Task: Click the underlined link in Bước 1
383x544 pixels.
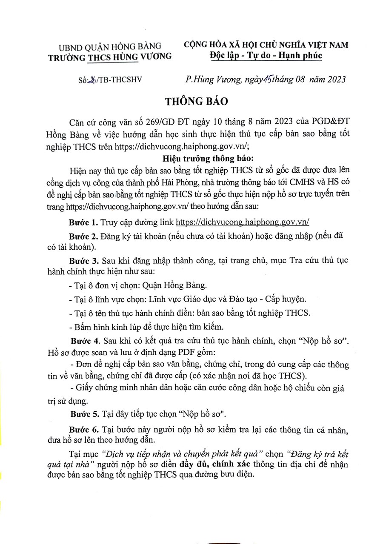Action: pos(242,222)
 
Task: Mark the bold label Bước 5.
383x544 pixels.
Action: pos(83,413)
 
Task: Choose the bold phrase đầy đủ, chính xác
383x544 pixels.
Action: pos(209,464)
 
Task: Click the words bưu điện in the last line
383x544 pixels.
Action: pos(240,475)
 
